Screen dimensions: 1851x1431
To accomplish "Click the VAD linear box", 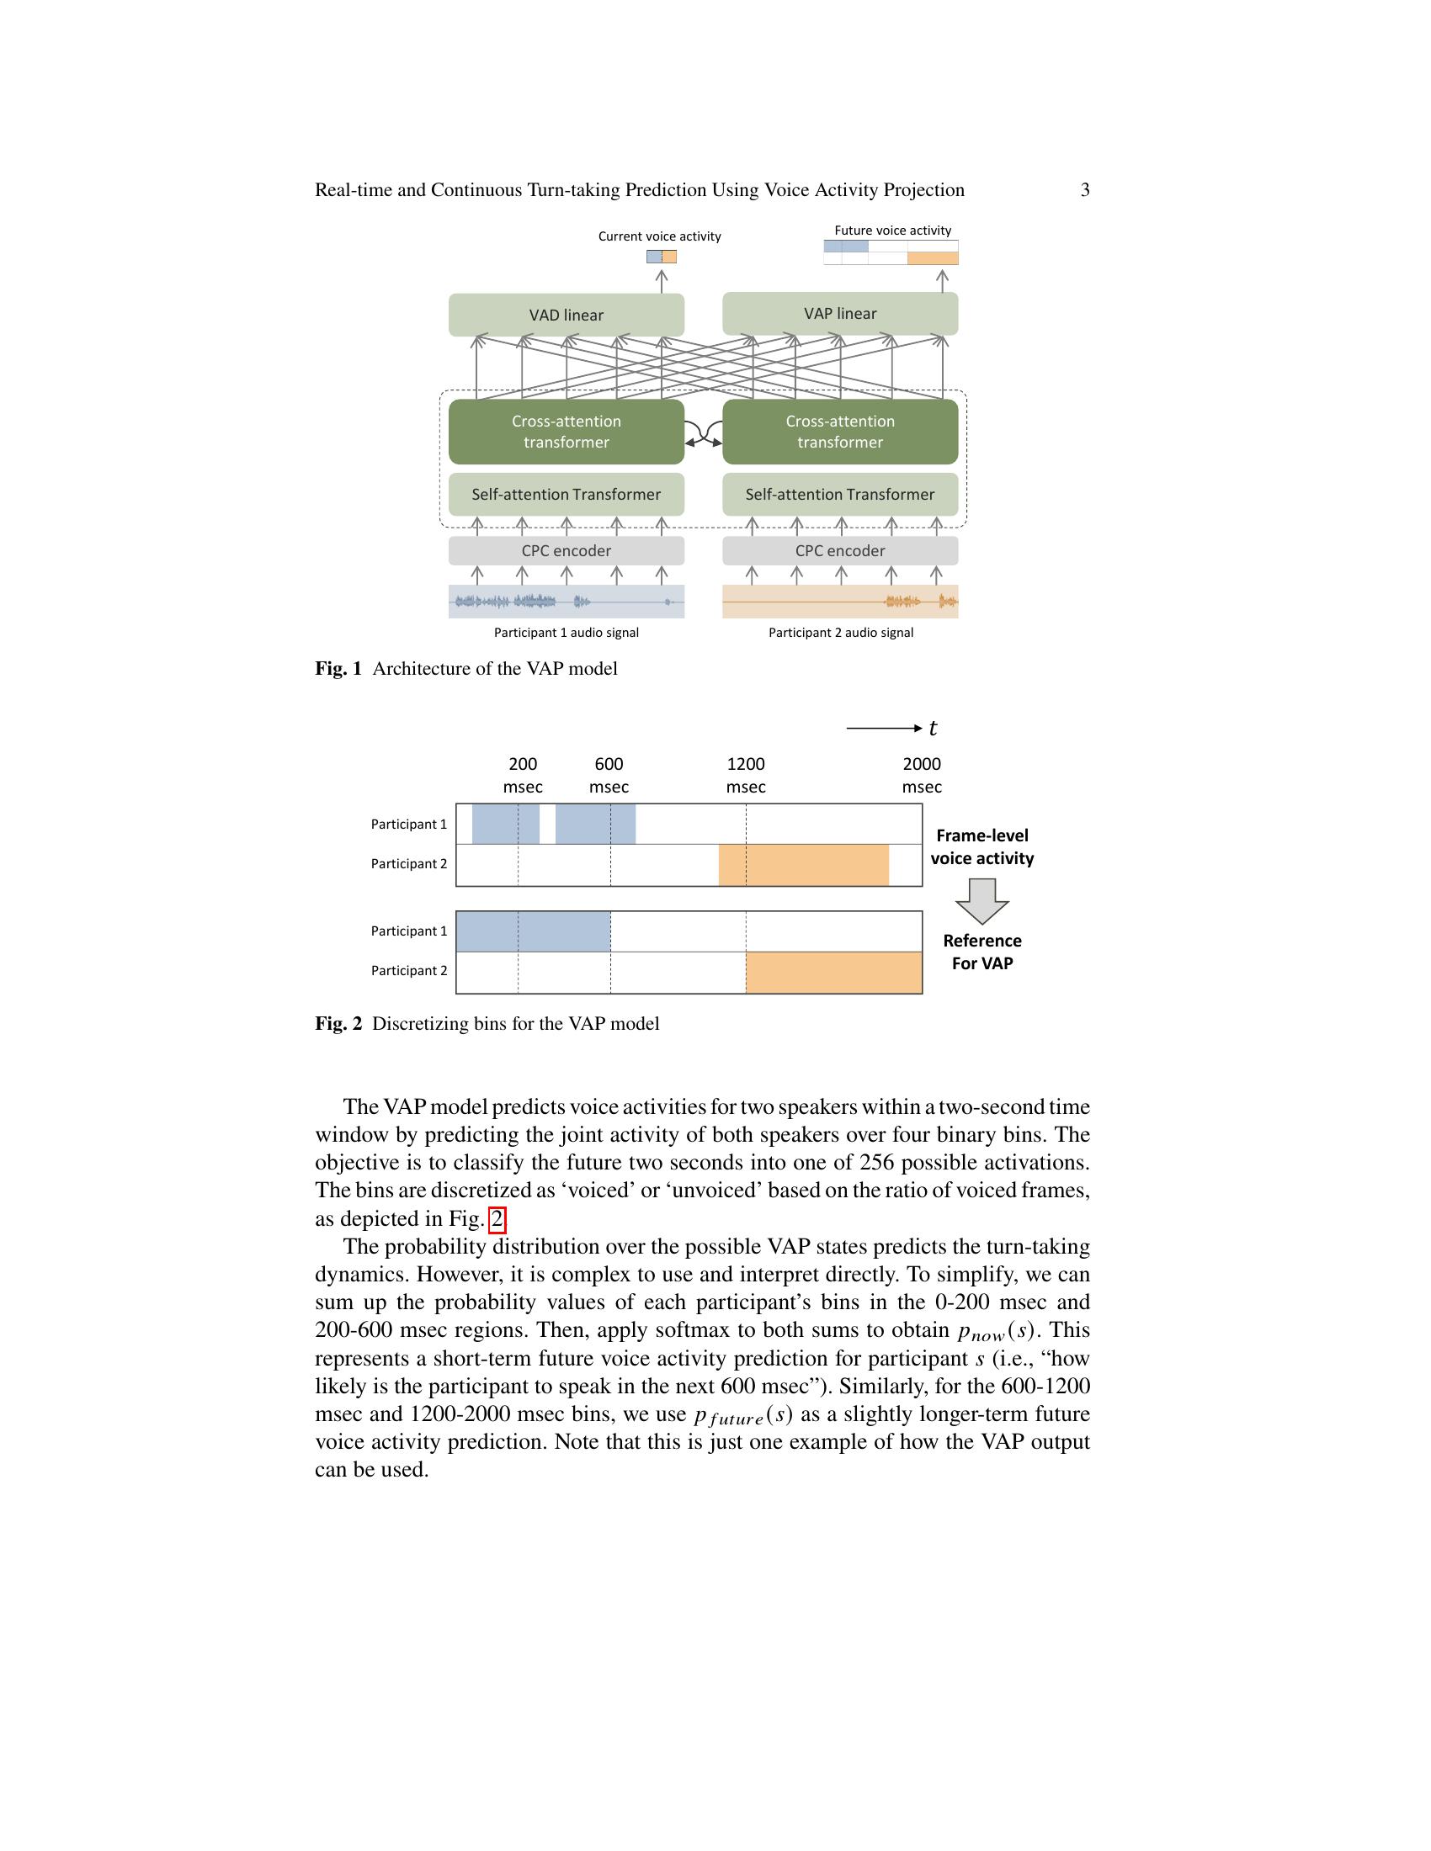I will (566, 316).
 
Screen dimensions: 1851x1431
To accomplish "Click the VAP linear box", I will (839, 314).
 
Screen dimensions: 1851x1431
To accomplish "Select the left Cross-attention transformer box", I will (566, 432).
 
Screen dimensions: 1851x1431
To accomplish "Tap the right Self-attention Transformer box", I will (839, 494).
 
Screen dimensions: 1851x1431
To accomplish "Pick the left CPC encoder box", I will (566, 551).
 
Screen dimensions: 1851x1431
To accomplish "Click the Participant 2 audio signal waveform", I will (839, 602).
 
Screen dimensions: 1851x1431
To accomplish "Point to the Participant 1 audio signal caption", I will (567, 632).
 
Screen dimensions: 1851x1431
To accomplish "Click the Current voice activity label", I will (660, 236).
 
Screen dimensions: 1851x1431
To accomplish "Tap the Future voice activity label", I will (892, 231).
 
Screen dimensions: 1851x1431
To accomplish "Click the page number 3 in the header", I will (1085, 190).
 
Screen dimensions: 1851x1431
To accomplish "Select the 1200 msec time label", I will (746, 776).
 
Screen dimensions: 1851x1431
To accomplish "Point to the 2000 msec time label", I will (922, 776).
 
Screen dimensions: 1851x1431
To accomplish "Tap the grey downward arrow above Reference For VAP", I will (981, 901).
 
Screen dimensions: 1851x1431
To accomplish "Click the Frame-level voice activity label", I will (981, 846).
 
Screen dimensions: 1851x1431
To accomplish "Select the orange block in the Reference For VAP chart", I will (833, 972).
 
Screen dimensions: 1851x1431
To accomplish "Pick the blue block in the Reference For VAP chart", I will (533, 931).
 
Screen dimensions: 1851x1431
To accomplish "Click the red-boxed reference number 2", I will (497, 1219).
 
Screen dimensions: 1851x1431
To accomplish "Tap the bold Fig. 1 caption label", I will (338, 669).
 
